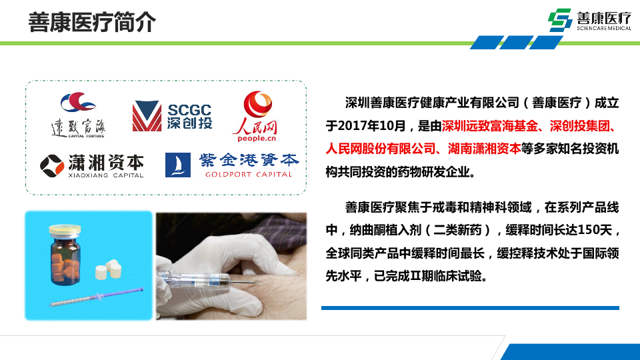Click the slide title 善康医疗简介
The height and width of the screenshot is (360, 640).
pyautogui.click(x=92, y=22)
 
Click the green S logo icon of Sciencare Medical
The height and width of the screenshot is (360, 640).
pyautogui.click(x=560, y=20)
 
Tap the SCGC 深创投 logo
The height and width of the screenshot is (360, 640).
pyautogui.click(x=172, y=116)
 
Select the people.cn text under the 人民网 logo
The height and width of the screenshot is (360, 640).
pyautogui.click(x=257, y=139)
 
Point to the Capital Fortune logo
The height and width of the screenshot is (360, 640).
pyautogui.click(x=78, y=115)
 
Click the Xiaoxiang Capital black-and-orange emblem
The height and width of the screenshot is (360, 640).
pyautogui.click(x=52, y=166)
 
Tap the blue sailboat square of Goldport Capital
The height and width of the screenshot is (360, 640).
pyautogui.click(x=177, y=165)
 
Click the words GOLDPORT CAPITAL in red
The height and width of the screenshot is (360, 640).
pyautogui.click(x=249, y=174)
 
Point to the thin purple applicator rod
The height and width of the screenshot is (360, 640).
pyautogui.click(x=96, y=297)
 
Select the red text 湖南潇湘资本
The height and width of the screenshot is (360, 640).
pyautogui.click(x=484, y=149)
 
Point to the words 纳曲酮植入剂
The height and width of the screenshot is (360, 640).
pyautogui.click(x=385, y=230)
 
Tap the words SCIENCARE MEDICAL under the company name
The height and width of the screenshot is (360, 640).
pyautogui.click(x=604, y=28)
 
